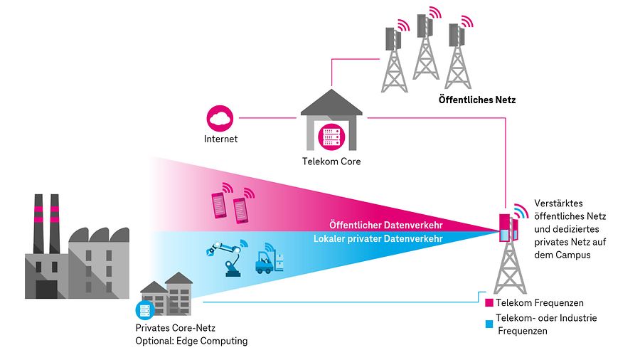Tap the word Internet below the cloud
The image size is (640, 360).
coord(220,139)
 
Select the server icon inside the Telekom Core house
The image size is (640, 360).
coord(331,136)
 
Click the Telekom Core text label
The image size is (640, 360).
coord(331,162)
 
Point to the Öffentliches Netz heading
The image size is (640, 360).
coord(476,100)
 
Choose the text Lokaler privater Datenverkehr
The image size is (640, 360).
coord(378,239)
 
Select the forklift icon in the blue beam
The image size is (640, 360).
coord(267,260)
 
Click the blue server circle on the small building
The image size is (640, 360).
coord(144,310)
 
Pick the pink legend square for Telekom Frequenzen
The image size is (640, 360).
coord(489,303)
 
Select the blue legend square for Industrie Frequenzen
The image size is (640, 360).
coord(489,324)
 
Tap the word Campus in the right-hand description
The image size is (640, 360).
coord(576,255)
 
